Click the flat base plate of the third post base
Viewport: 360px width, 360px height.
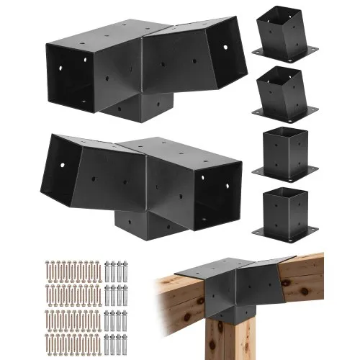point(285,171)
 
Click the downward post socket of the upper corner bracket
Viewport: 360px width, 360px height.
point(137,108)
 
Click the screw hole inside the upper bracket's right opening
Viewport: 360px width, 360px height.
point(225,50)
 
